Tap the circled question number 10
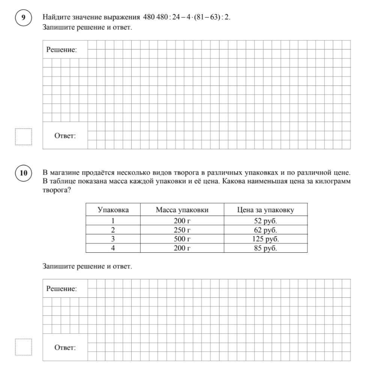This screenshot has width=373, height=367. point(24,173)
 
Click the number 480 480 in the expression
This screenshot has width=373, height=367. point(155,17)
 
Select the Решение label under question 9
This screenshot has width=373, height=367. point(62,49)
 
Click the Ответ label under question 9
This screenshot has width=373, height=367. point(65,136)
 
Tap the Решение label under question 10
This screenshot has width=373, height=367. point(62,289)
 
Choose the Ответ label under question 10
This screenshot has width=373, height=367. point(65,348)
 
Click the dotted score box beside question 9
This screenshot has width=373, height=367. point(24,136)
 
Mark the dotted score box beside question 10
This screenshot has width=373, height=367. point(24,347)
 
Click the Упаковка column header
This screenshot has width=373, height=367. point(113,210)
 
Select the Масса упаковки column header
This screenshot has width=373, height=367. point(182,210)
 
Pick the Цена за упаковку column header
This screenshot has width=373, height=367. point(265,210)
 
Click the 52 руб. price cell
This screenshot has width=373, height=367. point(265,221)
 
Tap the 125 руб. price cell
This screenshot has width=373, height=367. point(265,239)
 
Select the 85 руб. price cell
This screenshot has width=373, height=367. point(265,248)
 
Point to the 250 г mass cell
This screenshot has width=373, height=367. point(182,230)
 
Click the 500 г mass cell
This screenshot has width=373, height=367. point(182,239)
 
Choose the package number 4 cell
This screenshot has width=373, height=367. point(113,248)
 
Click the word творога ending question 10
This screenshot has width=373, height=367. point(56,190)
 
